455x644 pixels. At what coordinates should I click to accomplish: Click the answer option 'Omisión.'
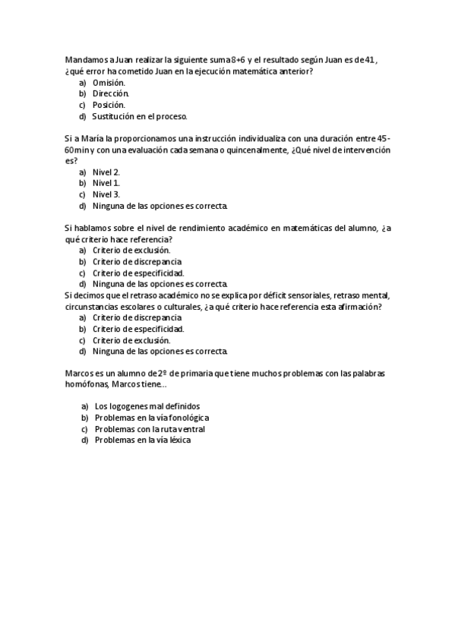click(x=109, y=82)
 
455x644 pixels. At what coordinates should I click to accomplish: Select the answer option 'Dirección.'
click(x=111, y=93)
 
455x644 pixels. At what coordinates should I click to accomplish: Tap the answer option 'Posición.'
click(x=109, y=105)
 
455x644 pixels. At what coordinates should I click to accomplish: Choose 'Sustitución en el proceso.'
click(x=139, y=116)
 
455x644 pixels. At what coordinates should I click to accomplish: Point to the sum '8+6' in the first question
click(x=240, y=59)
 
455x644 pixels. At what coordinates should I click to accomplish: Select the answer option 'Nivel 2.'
click(x=106, y=172)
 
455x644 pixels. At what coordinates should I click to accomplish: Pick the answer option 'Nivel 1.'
click(x=106, y=183)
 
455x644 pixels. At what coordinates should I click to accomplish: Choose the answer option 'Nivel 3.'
click(x=106, y=194)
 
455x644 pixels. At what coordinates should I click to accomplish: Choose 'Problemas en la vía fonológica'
click(x=151, y=418)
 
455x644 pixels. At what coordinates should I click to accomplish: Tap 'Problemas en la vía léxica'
click(x=143, y=440)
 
